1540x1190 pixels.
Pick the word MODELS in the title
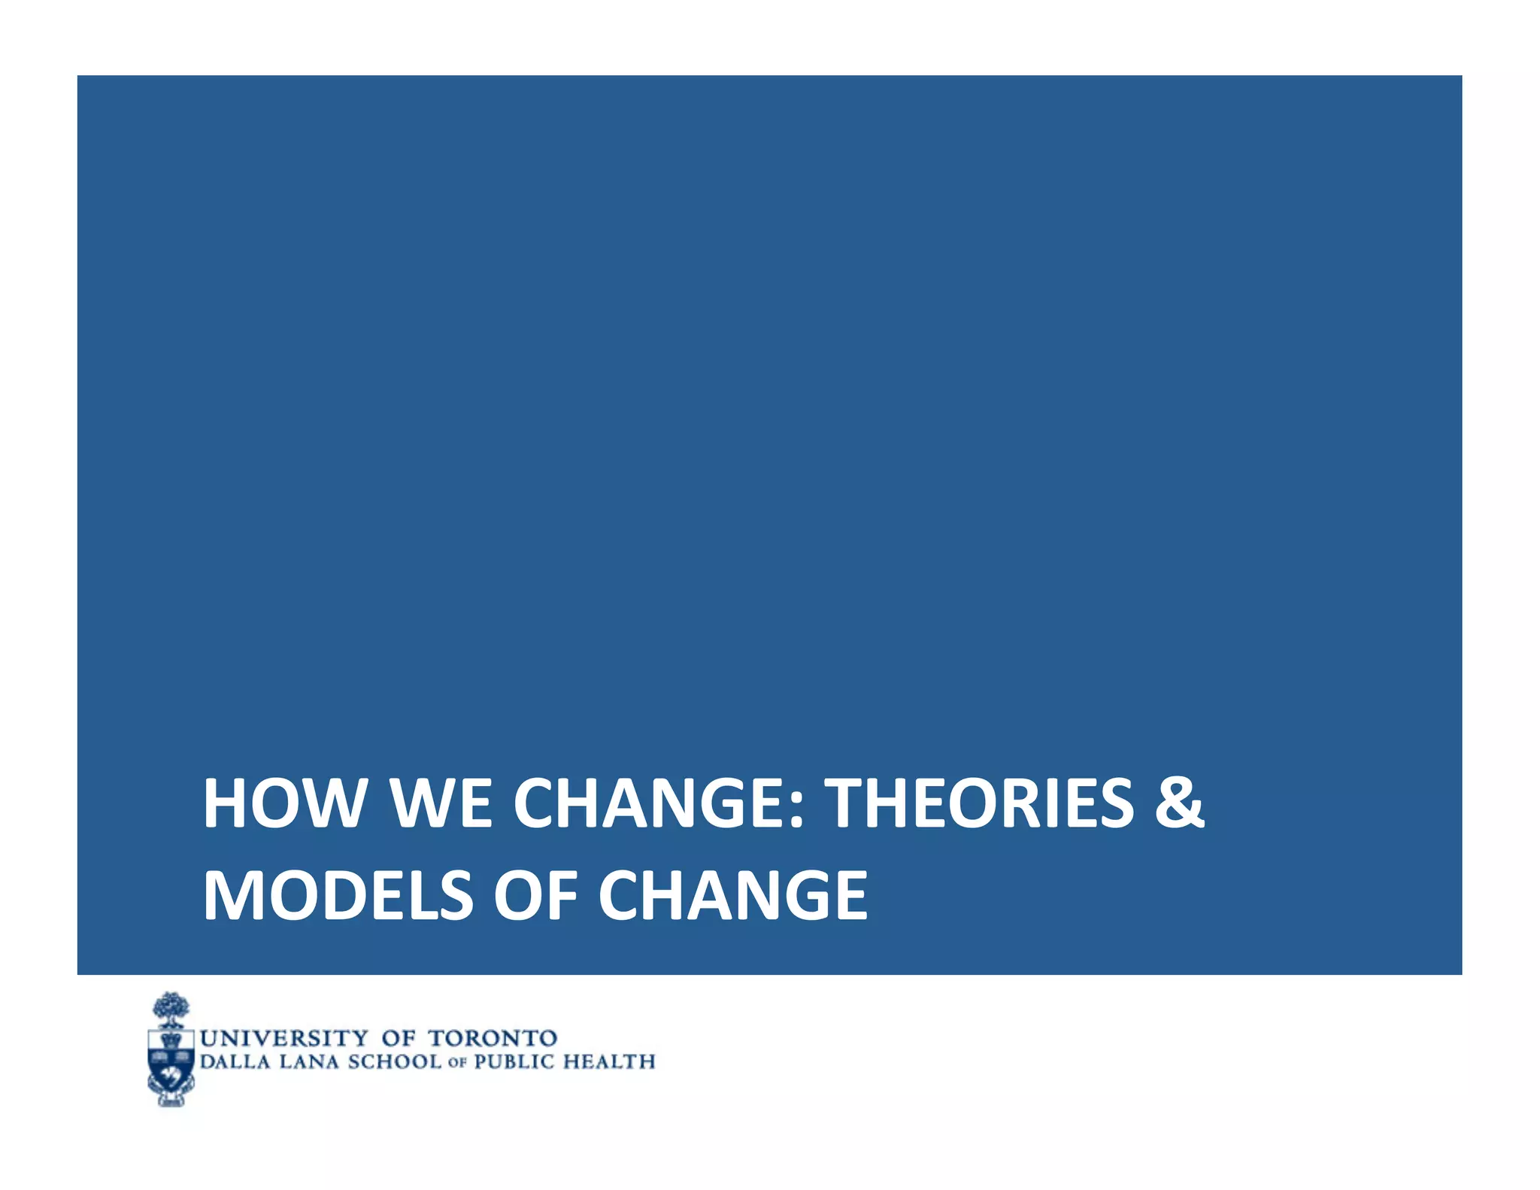click(338, 895)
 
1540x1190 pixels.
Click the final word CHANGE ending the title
click(733, 895)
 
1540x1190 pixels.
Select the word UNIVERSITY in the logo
click(284, 1039)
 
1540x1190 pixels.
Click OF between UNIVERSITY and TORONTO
click(398, 1039)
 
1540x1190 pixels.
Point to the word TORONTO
click(493, 1039)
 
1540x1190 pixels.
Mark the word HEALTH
click(610, 1062)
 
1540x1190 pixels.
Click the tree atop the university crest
click(171, 1009)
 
